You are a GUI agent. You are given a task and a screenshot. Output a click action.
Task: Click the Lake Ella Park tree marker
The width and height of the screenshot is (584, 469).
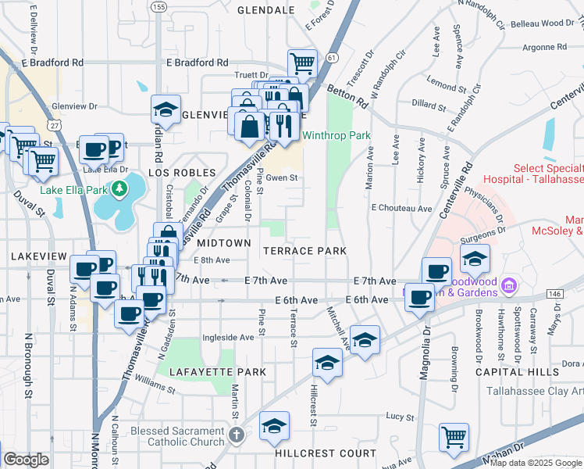(x=118, y=188)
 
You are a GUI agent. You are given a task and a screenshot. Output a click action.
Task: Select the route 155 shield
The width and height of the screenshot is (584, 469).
(x=159, y=7)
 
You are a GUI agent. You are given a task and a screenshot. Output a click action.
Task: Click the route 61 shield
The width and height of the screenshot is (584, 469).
(x=333, y=58)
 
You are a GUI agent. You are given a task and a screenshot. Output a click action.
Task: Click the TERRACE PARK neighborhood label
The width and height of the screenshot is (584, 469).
(x=304, y=251)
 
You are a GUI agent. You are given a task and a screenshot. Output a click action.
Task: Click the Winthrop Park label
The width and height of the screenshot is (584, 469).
(x=337, y=135)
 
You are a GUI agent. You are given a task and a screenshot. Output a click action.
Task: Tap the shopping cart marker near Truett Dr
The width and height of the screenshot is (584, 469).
(x=301, y=62)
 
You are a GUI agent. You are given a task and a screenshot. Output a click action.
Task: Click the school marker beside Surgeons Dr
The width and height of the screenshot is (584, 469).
(x=475, y=256)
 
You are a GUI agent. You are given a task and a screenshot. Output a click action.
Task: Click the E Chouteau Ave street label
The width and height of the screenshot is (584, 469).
(x=401, y=209)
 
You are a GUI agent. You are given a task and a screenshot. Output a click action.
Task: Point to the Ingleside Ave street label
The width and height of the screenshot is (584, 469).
(x=228, y=338)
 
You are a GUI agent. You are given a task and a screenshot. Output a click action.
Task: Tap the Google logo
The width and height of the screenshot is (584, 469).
(x=26, y=459)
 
